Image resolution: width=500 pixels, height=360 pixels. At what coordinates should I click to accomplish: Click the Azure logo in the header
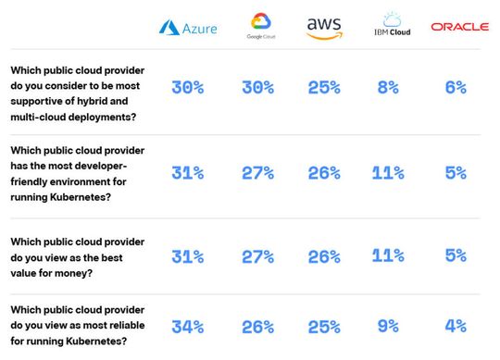pos(188,28)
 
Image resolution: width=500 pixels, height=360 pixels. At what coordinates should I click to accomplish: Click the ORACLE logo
pos(459,28)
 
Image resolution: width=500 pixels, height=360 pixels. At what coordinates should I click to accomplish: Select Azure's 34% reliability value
pos(188,325)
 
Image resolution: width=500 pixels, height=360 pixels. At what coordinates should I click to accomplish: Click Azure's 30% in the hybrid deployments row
pos(188,88)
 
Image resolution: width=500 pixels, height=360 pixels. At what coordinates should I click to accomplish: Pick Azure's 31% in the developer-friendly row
pos(188,172)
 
